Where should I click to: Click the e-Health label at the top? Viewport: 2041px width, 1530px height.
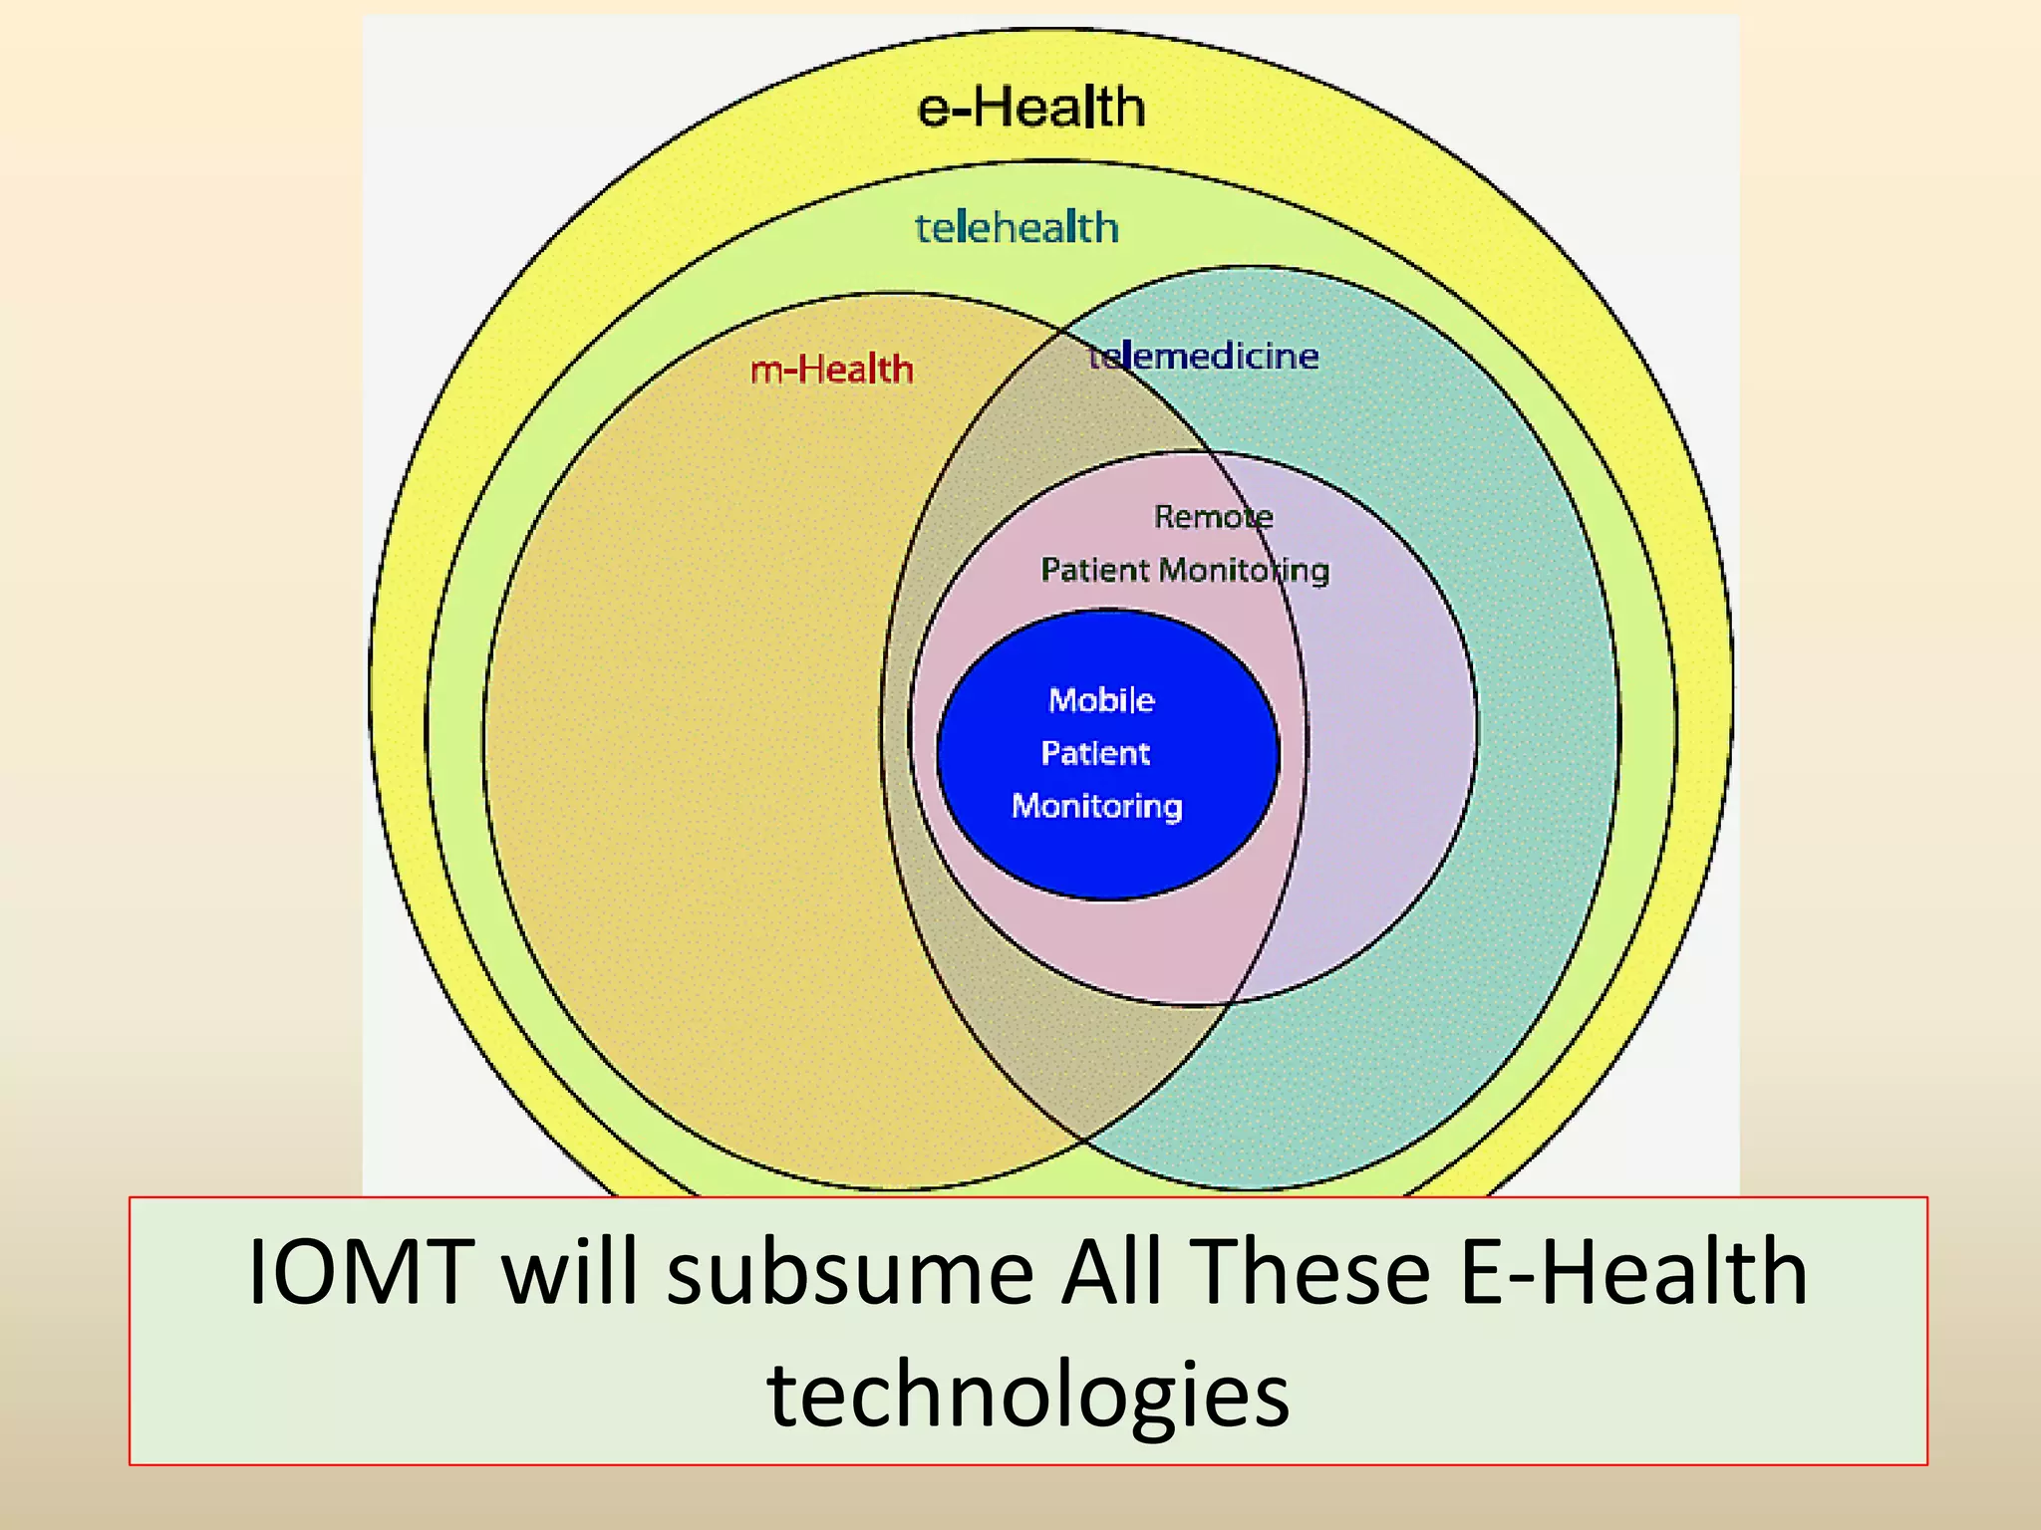pos(1030,107)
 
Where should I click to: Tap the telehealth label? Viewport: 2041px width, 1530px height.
pos(1017,228)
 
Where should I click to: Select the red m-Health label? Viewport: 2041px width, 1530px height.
pos(832,370)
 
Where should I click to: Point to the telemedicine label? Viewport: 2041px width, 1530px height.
pos(1203,356)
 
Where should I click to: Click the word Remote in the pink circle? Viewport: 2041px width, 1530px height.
pos(1213,516)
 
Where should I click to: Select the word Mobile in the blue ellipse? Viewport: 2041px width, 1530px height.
pos(1101,700)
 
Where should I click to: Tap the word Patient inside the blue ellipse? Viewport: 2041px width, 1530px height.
pos(1095,753)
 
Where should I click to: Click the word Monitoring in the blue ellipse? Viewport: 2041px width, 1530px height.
pos(1097,805)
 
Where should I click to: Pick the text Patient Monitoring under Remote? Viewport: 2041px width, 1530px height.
pos(1185,570)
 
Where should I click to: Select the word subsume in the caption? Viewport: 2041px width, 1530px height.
pos(850,1272)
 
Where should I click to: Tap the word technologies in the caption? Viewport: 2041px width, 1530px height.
pos(1028,1395)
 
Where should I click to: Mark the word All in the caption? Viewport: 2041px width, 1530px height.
pos(1111,1272)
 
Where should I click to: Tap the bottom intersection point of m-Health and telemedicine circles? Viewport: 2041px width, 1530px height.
pos(1084,1139)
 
